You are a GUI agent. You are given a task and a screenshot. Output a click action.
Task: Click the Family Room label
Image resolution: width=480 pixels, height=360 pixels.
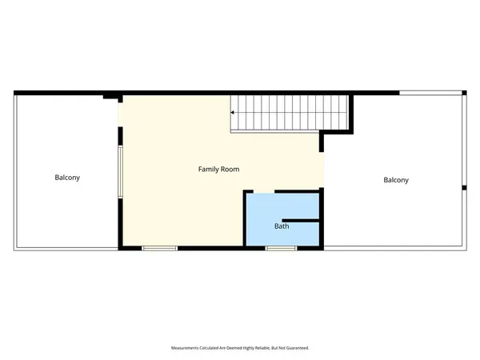coord(218,170)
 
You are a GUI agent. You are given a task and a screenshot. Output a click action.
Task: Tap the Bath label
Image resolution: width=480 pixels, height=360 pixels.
coord(282,226)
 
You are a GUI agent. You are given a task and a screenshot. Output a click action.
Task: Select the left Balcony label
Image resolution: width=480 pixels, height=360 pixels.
coord(67,178)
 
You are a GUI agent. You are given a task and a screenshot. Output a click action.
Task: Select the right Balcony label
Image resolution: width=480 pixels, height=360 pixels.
coord(395,180)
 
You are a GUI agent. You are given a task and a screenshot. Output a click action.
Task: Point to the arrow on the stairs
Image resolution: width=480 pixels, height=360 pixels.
coord(234,113)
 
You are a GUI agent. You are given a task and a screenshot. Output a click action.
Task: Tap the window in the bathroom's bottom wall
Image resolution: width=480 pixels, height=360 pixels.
coord(280,248)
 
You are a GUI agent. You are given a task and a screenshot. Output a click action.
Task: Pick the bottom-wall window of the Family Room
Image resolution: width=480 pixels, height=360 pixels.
coord(159,248)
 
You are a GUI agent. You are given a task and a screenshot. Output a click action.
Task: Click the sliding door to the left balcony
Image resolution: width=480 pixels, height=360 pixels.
coord(121,171)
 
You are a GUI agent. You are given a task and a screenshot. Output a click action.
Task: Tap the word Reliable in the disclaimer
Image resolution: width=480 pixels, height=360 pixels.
coord(257,348)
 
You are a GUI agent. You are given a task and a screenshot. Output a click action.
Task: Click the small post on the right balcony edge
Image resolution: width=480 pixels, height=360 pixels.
coord(464,188)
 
